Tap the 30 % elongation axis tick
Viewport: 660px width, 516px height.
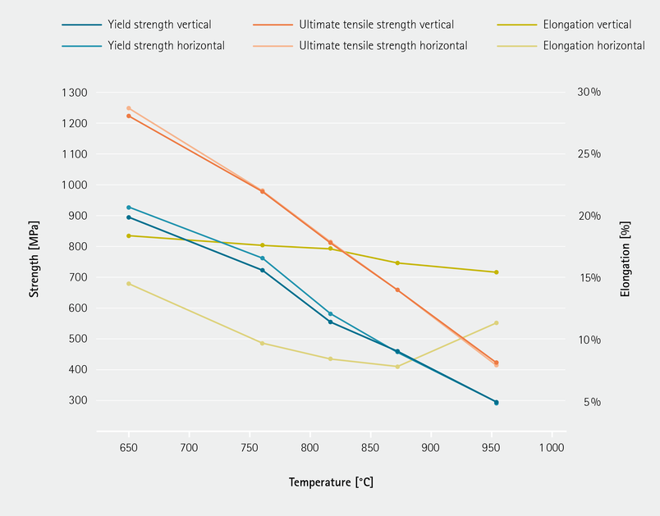(589, 93)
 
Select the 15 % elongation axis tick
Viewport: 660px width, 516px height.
(589, 278)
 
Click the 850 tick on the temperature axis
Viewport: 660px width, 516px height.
(370, 448)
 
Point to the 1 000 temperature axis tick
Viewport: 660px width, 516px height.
(552, 448)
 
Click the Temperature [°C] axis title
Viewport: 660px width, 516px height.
(331, 482)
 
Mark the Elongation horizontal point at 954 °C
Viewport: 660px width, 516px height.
(496, 323)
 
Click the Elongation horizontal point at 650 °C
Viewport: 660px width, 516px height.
(129, 284)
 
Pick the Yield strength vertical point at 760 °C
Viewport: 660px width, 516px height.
(262, 270)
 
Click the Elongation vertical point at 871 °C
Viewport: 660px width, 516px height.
(397, 263)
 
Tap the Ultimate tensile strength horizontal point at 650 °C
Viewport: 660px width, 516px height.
(129, 108)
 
